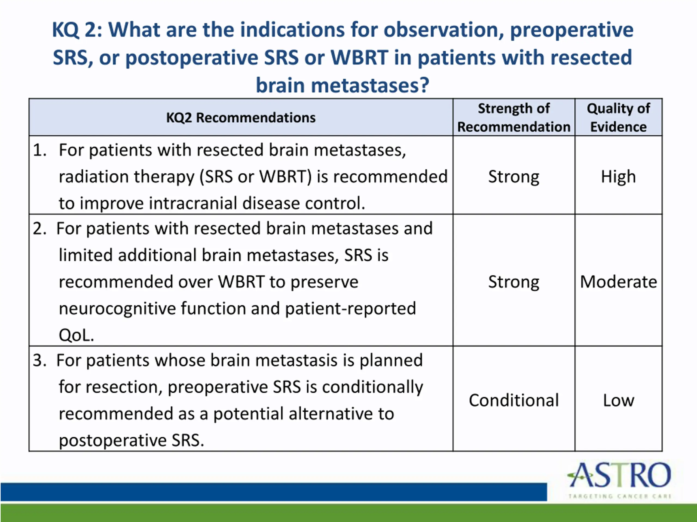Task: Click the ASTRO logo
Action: click(619, 480)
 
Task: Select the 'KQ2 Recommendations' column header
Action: click(241, 118)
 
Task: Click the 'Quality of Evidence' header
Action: click(618, 118)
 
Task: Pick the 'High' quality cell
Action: click(618, 176)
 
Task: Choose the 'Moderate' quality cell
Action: click(619, 282)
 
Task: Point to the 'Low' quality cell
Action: click(619, 400)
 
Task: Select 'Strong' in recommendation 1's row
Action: click(513, 177)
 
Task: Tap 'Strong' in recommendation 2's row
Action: click(513, 282)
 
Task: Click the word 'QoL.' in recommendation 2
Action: click(76, 335)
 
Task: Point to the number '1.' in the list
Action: click(40, 150)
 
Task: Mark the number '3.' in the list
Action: click(40, 360)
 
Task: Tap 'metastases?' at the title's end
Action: click(370, 85)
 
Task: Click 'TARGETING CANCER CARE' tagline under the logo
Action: click(620, 496)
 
